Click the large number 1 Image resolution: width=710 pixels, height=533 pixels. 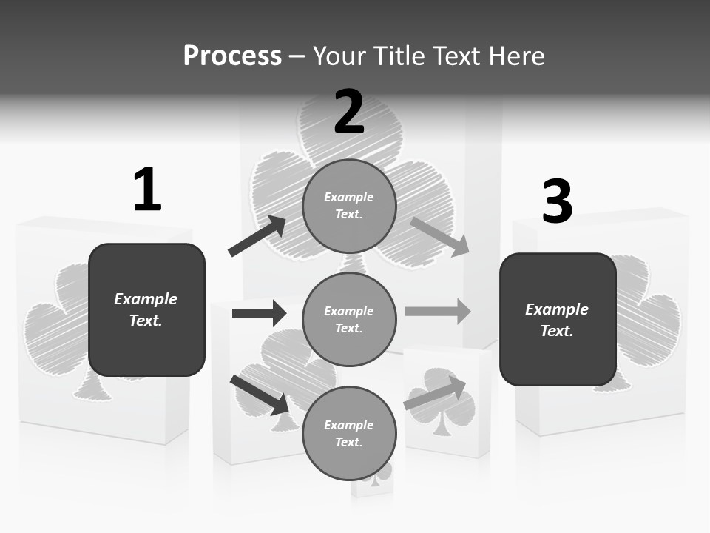click(x=147, y=190)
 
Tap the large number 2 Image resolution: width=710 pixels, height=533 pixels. click(x=349, y=112)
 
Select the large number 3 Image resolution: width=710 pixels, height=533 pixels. click(x=558, y=201)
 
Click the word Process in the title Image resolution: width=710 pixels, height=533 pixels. click(x=232, y=56)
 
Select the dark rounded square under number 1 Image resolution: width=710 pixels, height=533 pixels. click(x=146, y=309)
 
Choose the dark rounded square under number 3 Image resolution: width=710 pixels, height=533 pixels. click(x=558, y=320)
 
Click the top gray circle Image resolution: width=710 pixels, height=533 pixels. click(x=349, y=206)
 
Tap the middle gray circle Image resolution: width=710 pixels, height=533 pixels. click(x=349, y=319)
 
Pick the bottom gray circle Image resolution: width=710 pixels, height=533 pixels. click(x=349, y=433)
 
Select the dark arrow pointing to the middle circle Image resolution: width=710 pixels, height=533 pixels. click(x=259, y=313)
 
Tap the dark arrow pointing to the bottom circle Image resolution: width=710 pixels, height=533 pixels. click(x=260, y=395)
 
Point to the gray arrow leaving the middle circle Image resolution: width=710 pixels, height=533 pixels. click(x=438, y=311)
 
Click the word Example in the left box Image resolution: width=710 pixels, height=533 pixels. click(x=146, y=299)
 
